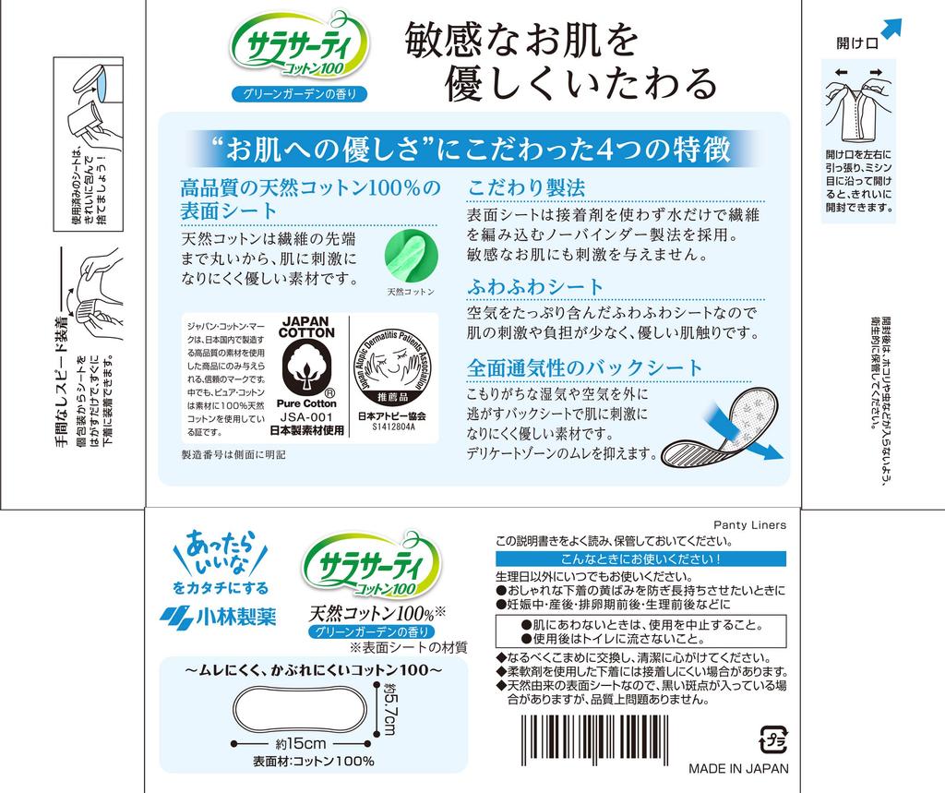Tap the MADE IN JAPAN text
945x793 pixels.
738,769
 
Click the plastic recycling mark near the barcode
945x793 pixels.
772,739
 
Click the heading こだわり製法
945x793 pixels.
527,187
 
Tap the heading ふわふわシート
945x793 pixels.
536,286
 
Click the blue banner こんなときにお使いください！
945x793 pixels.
640,559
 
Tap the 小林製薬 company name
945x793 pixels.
217,617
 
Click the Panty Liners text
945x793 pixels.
749,524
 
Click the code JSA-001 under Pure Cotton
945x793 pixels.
305,416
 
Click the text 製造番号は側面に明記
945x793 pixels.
233,455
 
